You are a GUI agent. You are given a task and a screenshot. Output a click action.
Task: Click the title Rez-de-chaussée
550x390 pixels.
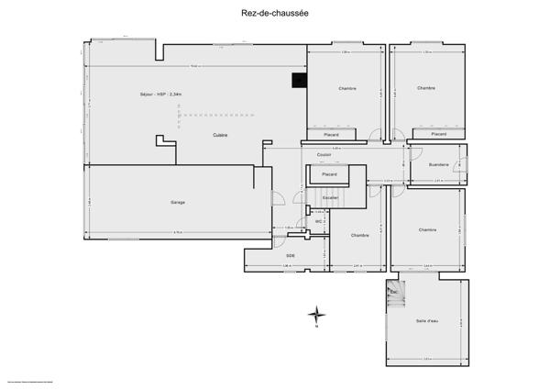click(x=274, y=14)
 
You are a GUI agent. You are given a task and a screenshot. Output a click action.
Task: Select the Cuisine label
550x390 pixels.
click(x=220, y=135)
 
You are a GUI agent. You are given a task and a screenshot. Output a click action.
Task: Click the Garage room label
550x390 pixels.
click(x=178, y=202)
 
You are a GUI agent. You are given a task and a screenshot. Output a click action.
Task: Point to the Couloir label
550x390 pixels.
click(x=324, y=155)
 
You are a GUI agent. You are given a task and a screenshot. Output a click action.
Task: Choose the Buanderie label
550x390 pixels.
click(x=438, y=164)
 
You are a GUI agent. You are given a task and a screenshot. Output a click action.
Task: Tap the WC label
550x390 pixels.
click(x=318, y=221)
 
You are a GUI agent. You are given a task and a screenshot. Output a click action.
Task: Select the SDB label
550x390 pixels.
click(x=290, y=255)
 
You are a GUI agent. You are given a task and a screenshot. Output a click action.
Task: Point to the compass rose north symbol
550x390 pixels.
click(x=315, y=314)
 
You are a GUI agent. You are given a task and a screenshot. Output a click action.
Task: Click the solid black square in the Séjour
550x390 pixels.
click(x=298, y=81)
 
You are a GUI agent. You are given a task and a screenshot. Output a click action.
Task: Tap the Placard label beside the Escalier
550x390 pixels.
click(x=328, y=173)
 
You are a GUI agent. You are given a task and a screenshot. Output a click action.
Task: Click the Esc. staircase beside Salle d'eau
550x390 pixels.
click(x=393, y=292)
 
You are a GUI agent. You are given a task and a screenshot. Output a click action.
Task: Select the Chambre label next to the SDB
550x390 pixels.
click(x=359, y=236)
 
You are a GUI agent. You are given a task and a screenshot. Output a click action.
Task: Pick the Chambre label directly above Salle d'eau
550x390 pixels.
click(x=426, y=229)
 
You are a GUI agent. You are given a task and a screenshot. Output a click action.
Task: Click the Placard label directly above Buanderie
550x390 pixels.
click(x=438, y=134)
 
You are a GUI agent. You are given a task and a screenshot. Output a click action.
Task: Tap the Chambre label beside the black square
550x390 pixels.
click(x=346, y=89)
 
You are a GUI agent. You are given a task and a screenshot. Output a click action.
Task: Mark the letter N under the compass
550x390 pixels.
click(x=315, y=326)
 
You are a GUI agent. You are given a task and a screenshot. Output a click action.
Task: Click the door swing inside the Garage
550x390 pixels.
click(x=276, y=199)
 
